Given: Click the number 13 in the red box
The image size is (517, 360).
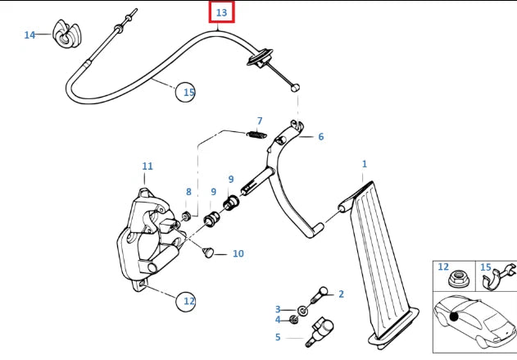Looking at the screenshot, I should click(x=221, y=13).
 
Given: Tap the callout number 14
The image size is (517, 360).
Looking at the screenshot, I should click(x=29, y=34).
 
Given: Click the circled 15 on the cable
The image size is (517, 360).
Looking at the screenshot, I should click(x=188, y=92).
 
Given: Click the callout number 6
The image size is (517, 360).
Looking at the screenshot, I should click(x=320, y=137).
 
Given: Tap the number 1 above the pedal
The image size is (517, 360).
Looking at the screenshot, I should click(x=365, y=164).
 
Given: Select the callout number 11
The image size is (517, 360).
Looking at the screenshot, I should click(x=147, y=166).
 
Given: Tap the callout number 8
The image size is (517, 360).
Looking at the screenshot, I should click(x=188, y=192).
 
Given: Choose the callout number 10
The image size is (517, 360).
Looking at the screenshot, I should click(x=238, y=254).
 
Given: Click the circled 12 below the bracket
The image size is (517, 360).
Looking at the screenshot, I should click(x=189, y=301).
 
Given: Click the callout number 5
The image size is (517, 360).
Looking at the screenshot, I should click(x=278, y=336).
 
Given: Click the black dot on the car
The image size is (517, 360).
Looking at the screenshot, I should click(x=454, y=317).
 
